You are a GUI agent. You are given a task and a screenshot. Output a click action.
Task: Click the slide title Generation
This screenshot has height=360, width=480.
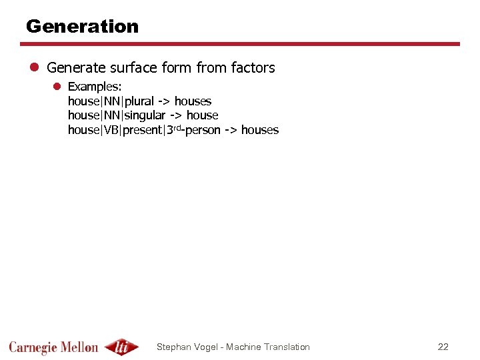pyautogui.click(x=82, y=27)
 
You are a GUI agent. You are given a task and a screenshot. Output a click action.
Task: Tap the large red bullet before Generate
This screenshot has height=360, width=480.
pyautogui.click(x=35, y=68)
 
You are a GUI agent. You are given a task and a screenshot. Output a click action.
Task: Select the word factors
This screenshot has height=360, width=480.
pyautogui.click(x=253, y=68)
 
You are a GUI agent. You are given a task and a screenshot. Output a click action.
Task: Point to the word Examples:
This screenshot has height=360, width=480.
pyautogui.click(x=95, y=87)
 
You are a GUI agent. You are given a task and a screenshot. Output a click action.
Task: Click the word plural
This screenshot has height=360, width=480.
pyautogui.click(x=138, y=101)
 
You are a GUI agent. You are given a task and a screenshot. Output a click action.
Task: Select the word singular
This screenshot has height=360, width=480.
pyautogui.click(x=143, y=115)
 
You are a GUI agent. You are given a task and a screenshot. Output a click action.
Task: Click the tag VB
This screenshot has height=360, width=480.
pyautogui.click(x=111, y=130)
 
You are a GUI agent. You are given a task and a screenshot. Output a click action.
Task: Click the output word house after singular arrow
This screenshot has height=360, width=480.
pyautogui.click(x=202, y=115)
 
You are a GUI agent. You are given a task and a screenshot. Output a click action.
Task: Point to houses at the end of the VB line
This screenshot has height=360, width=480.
pyautogui.click(x=260, y=130)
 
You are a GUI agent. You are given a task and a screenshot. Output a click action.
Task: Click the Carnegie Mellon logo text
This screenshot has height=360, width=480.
pyautogui.click(x=53, y=347)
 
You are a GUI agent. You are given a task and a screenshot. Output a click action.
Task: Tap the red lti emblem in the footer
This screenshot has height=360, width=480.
pyautogui.click(x=121, y=347)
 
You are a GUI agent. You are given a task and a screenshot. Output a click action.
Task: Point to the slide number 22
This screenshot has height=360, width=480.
pyautogui.click(x=443, y=347)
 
